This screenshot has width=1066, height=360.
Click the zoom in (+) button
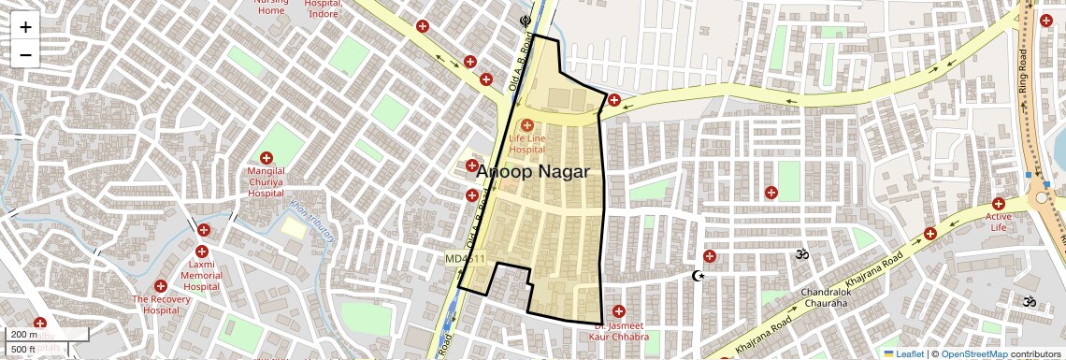[x=25, y=27]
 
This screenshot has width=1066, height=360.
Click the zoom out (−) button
[x=25, y=54]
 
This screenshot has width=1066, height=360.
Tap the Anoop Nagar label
[x=533, y=172]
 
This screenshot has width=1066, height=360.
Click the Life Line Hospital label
[x=526, y=144]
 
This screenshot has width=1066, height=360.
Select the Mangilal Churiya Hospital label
[x=266, y=182]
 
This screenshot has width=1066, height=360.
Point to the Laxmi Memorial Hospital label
[x=201, y=276]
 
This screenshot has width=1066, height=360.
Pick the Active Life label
[x=998, y=222]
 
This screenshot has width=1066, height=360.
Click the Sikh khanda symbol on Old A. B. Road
[x=525, y=18]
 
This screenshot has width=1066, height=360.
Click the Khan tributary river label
[x=311, y=220]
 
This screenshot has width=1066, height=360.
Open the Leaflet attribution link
[x=903, y=353]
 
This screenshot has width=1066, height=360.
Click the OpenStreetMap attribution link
[x=973, y=353]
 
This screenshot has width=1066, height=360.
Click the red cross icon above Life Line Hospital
[x=526, y=124]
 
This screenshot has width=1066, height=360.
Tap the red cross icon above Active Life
[x=998, y=204]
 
